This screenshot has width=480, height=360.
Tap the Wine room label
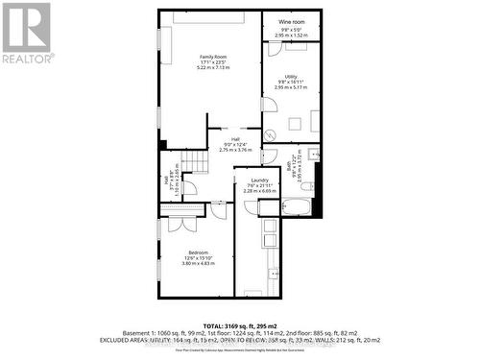[x=291, y=21]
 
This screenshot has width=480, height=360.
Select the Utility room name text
[x=290, y=76]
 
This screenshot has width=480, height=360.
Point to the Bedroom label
[x=198, y=252]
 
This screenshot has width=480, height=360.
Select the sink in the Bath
[x=315, y=153]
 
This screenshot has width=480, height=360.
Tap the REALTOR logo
[x=26, y=34]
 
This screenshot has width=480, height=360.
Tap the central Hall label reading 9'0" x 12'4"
[x=235, y=144]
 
